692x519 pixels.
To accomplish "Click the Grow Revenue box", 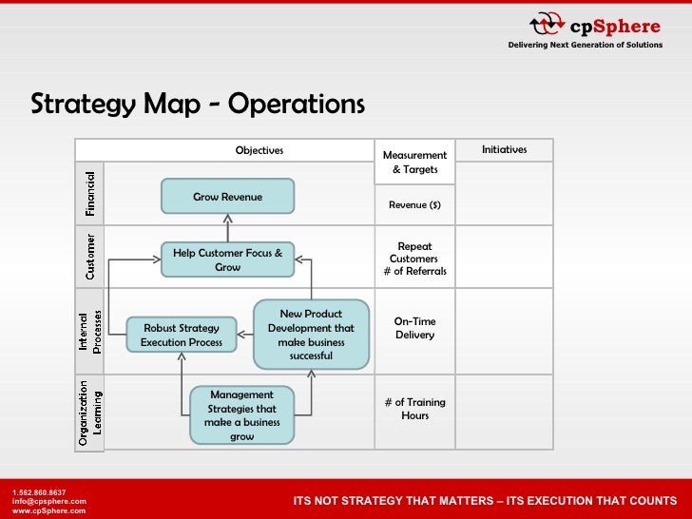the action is click(227, 197).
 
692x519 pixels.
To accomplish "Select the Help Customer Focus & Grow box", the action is click(227, 259).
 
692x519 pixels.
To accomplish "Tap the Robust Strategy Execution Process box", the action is click(182, 335).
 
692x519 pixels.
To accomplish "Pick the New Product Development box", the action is click(311, 335).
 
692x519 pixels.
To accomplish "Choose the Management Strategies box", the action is click(241, 415).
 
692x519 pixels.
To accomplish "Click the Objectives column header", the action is click(259, 150).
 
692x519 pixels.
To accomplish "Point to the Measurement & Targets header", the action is click(414, 162).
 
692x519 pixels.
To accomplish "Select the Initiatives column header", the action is click(504, 149).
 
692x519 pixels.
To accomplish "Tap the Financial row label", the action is click(89, 194).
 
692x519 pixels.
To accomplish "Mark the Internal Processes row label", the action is click(89, 330).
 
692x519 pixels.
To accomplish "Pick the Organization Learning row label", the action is click(89, 413).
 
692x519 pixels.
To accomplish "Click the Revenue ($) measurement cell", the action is click(414, 204).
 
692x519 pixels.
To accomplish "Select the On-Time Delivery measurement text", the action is click(414, 328).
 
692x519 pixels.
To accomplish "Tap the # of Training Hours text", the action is click(414, 409).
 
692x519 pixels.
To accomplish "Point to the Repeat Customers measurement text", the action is click(415, 252).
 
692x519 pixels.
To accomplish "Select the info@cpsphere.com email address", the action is click(48, 501).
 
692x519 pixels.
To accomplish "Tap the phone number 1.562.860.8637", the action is click(39, 491).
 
